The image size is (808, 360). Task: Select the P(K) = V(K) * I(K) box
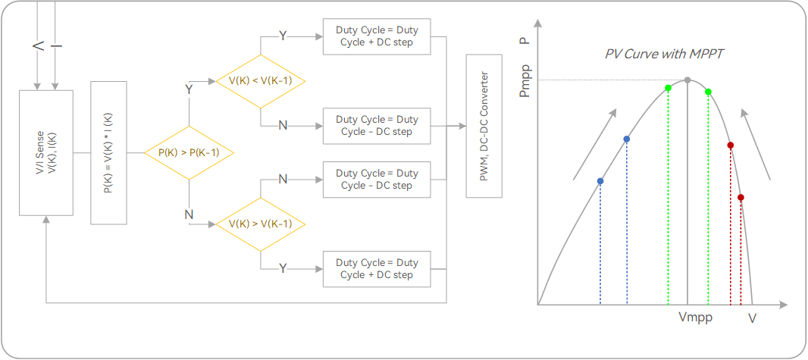tap(108, 152)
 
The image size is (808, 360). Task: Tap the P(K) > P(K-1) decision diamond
tap(188, 152)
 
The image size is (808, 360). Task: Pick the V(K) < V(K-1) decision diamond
tap(260, 81)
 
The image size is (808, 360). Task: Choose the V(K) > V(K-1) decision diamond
tap(260, 224)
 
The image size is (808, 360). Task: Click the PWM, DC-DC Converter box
tap(484, 125)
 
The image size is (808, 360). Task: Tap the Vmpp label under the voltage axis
tap(695, 318)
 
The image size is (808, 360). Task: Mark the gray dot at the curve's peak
tap(687, 80)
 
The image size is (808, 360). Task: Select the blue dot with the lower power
tap(600, 181)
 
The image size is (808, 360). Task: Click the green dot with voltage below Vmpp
tap(668, 89)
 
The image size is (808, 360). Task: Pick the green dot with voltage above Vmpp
tap(708, 92)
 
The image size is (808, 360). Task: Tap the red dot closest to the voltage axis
tap(741, 197)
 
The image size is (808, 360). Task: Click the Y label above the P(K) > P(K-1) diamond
tap(189, 89)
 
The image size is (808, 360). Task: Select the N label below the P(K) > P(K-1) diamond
tap(189, 214)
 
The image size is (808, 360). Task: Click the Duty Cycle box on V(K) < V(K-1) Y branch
tap(377, 36)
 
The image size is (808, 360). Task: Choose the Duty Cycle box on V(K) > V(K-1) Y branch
tap(377, 268)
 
